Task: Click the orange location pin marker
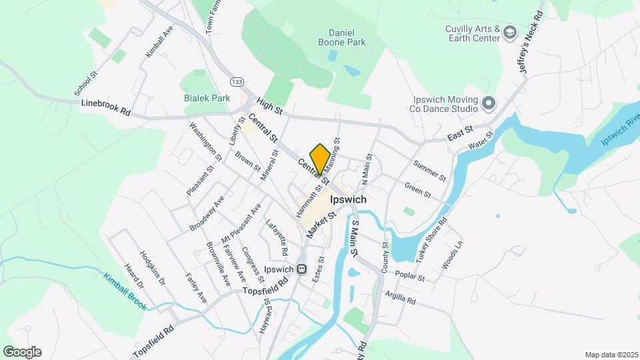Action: click(320, 159)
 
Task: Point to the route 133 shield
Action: click(236, 81)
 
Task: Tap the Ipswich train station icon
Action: click(301, 269)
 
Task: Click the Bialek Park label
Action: click(207, 98)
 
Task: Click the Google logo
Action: click(22, 352)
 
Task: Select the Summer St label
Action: click(429, 171)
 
